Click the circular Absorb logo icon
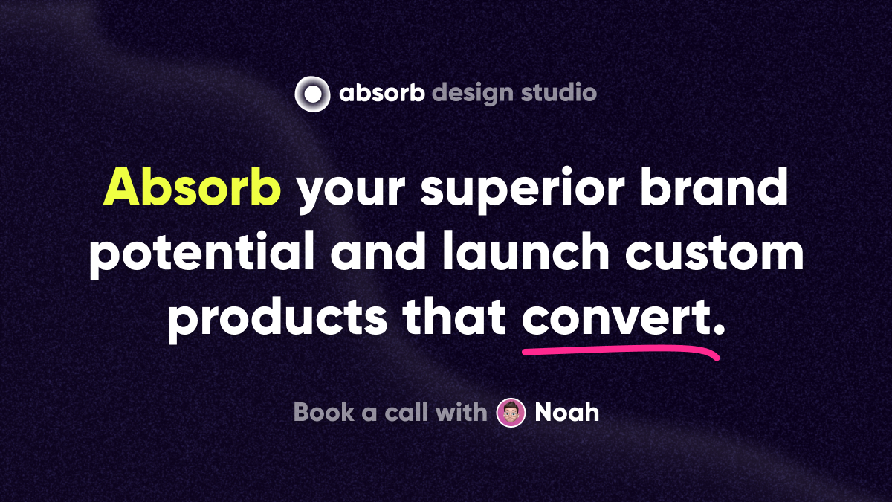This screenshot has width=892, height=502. pyautogui.click(x=312, y=94)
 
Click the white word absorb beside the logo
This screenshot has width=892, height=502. pyautogui.click(x=382, y=92)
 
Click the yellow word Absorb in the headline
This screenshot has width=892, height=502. pyautogui.click(x=193, y=187)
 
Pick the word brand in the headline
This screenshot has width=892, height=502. pyautogui.click(x=714, y=187)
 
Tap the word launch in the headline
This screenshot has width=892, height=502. pyautogui.click(x=526, y=251)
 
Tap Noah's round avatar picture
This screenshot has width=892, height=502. pyautogui.click(x=511, y=413)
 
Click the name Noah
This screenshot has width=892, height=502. pyautogui.click(x=567, y=412)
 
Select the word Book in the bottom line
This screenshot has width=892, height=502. pyautogui.click(x=324, y=412)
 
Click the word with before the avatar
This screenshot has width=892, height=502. pyautogui.click(x=462, y=412)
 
